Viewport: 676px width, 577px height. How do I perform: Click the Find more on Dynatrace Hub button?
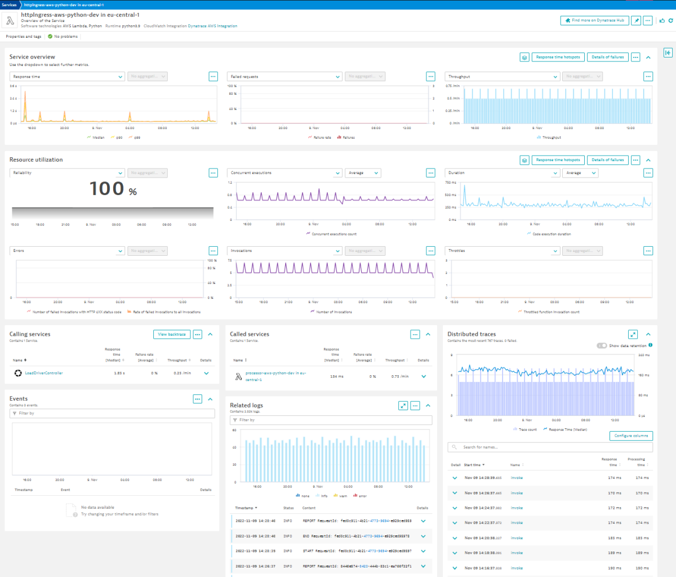tap(595, 20)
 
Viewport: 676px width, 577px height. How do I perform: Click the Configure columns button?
tap(631, 436)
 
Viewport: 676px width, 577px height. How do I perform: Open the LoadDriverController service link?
tap(44, 373)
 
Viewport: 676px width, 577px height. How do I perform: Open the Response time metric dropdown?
tap(67, 77)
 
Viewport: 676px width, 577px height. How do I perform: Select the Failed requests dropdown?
tap(284, 77)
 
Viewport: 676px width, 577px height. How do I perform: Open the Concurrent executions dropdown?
tap(284, 173)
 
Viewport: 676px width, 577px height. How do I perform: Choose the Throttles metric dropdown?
tap(502, 251)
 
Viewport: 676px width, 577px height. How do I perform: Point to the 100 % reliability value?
tap(113, 189)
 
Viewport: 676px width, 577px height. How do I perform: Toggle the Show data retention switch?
tap(602, 345)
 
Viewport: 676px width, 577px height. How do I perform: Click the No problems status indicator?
tap(63, 37)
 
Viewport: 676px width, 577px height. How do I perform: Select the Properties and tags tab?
tap(23, 37)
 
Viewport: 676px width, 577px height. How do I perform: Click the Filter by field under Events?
tap(112, 413)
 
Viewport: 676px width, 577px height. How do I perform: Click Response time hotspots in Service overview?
tap(557, 57)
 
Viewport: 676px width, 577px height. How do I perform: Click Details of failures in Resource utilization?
tap(607, 160)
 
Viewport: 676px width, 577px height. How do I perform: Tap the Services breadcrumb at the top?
tap(9, 5)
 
